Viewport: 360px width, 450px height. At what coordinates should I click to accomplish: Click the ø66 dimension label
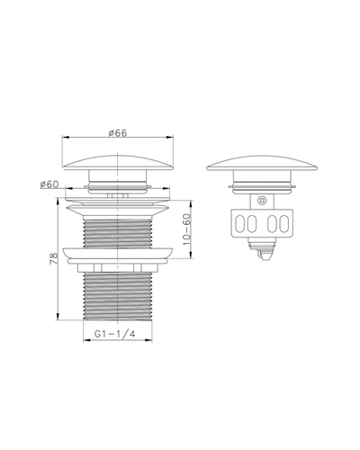click(118, 133)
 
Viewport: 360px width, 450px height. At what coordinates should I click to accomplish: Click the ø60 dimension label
click(49, 184)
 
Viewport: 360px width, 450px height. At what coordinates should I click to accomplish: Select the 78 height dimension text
click(53, 258)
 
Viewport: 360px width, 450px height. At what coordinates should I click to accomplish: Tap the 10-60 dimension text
click(186, 229)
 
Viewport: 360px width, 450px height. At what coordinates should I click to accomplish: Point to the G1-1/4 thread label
click(114, 334)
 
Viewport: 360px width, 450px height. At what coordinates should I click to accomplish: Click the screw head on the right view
click(262, 201)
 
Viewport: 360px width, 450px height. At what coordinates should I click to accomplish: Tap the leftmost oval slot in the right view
click(239, 223)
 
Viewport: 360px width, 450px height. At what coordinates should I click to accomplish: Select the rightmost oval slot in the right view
click(283, 223)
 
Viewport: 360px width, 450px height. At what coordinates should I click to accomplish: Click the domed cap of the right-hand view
click(262, 163)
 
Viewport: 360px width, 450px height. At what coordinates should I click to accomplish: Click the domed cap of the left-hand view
click(118, 162)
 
